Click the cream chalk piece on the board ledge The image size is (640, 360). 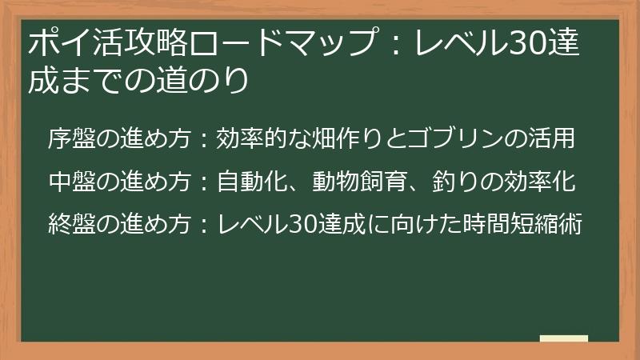click(564, 338)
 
